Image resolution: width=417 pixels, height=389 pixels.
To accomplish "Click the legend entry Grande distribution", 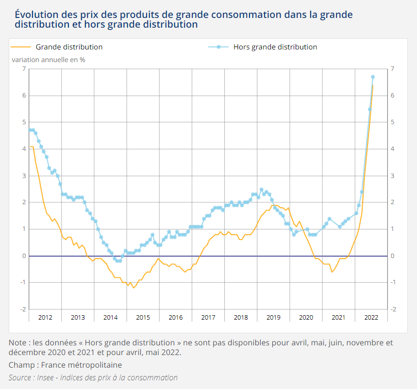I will [x=69, y=47].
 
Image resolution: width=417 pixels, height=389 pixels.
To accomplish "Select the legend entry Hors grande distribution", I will [x=275, y=47].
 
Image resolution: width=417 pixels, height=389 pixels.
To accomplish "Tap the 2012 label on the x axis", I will [x=45, y=317].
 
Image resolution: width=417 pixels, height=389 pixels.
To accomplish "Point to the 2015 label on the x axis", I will [x=143, y=317].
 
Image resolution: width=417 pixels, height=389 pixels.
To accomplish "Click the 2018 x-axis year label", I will [x=241, y=317].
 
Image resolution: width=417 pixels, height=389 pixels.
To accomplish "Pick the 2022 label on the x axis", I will [x=371, y=317].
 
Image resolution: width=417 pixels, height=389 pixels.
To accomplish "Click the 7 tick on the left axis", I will [x=23, y=69].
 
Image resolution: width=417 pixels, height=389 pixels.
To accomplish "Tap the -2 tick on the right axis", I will [x=393, y=309].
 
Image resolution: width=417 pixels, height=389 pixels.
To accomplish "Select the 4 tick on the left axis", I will [x=23, y=149].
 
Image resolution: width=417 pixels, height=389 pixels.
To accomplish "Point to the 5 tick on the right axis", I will [x=393, y=122].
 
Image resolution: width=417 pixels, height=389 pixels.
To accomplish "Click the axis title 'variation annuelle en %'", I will [x=49, y=60].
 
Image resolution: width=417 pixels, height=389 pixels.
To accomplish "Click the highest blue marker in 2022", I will [x=373, y=77].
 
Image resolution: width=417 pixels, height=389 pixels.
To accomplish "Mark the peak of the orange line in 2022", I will [x=372, y=85].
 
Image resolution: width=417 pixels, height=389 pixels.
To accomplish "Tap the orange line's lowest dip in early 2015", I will [x=133, y=288].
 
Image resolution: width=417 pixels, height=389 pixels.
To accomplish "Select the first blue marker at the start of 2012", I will [x=30, y=130].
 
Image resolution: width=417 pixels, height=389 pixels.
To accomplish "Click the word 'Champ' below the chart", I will [x=21, y=365].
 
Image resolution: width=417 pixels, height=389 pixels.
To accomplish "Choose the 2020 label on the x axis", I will [x=306, y=317].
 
